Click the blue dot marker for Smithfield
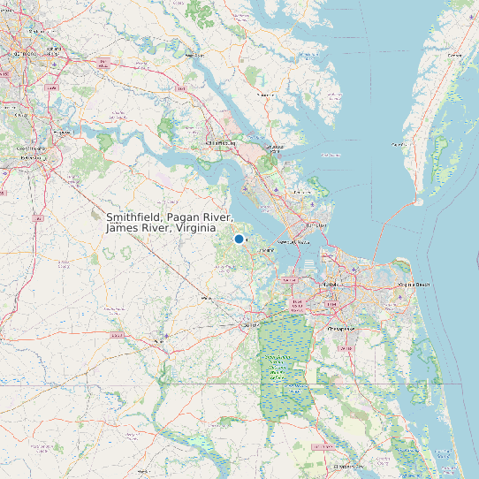click(239, 239)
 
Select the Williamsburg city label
click(221, 142)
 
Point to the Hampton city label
click(316, 225)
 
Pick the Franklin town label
click(159, 337)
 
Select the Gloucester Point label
click(276, 147)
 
